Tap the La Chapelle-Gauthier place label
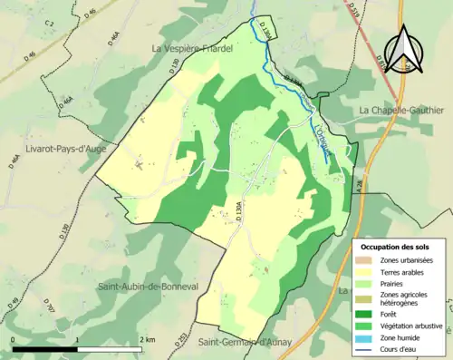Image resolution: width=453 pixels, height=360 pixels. [x=400, y=111]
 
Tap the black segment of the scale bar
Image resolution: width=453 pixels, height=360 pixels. [x=45, y=348]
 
